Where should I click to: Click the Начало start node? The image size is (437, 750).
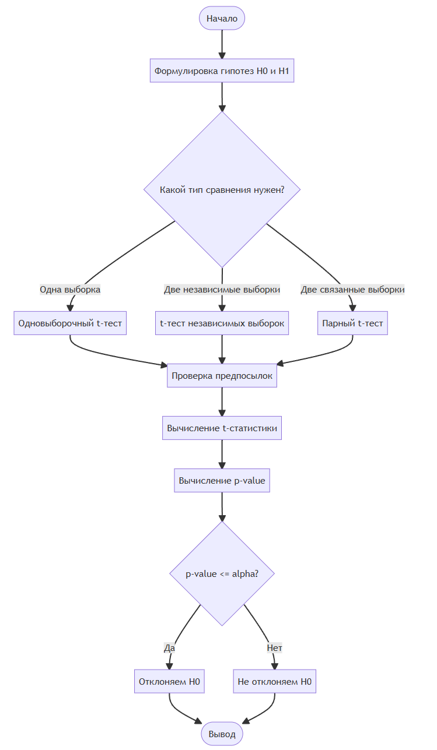pyautogui.click(x=222, y=18)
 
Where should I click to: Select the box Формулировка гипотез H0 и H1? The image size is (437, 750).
pyautogui.click(x=222, y=71)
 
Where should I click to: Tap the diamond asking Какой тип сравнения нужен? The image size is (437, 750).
pyautogui.click(x=222, y=189)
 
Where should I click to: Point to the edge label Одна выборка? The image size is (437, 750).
pyautogui.click(x=70, y=289)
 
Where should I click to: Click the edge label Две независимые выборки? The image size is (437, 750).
pyautogui.click(x=222, y=289)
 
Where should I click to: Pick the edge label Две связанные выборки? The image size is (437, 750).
pyautogui.click(x=352, y=289)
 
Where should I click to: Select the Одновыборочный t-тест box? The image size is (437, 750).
pyautogui.click(x=70, y=323)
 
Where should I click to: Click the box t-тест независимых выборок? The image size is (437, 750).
pyautogui.click(x=222, y=323)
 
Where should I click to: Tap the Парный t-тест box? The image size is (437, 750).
pyautogui.click(x=352, y=323)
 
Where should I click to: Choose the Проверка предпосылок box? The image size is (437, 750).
pyautogui.click(x=222, y=376)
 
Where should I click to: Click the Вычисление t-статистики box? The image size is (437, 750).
pyautogui.click(x=222, y=428)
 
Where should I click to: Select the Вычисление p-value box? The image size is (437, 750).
pyautogui.click(x=222, y=480)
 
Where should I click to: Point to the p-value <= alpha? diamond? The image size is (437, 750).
pyautogui.click(x=222, y=573)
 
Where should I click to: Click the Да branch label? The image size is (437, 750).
pyautogui.click(x=169, y=648)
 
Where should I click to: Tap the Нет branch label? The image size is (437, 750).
pyautogui.click(x=274, y=648)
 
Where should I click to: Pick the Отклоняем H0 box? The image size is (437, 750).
pyautogui.click(x=169, y=681)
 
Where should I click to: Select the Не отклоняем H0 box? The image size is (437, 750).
pyautogui.click(x=274, y=681)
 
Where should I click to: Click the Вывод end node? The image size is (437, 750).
pyautogui.click(x=222, y=734)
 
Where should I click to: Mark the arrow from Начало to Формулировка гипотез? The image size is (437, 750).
pyautogui.click(x=222, y=44)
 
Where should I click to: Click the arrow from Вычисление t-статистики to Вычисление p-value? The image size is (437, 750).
pyautogui.click(x=222, y=454)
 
